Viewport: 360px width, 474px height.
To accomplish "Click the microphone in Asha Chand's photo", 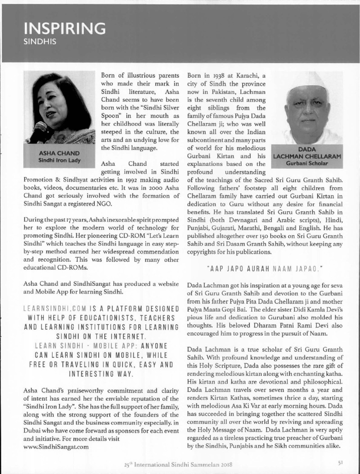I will point(39,131).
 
